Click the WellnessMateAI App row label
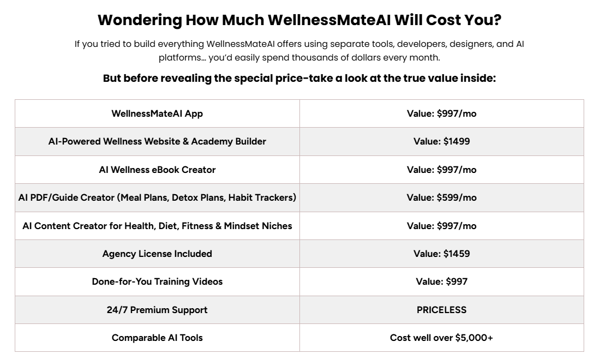pyautogui.click(x=157, y=113)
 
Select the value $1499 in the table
pyautogui.click(x=457, y=141)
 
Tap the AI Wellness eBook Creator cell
pyautogui.click(x=157, y=170)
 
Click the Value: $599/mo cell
pyautogui.click(x=441, y=197)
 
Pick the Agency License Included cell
pyautogui.click(x=157, y=254)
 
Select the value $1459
pyautogui.click(x=457, y=254)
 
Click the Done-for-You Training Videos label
pyautogui.click(x=157, y=281)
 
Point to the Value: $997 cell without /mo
pyautogui.click(x=441, y=281)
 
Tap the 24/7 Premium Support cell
pyautogui.click(x=157, y=310)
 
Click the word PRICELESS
pyautogui.click(x=441, y=310)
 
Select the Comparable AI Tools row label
pyautogui.click(x=157, y=338)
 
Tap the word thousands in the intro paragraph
pyautogui.click(x=341, y=57)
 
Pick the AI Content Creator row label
pyautogui.click(x=157, y=226)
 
